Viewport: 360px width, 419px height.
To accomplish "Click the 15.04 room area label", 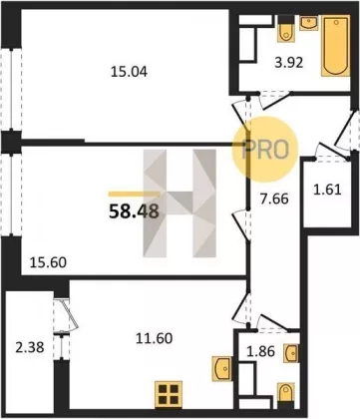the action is pyautogui.click(x=129, y=72).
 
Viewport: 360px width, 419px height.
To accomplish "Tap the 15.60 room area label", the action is pyautogui.click(x=48, y=262).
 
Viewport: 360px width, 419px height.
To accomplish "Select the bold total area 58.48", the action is pyautogui.click(x=134, y=211).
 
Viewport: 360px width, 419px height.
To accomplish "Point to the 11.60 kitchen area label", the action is pyautogui.click(x=155, y=338).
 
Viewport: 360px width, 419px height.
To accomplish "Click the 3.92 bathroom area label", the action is pyautogui.click(x=289, y=63).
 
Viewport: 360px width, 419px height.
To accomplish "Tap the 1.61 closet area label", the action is pyautogui.click(x=327, y=190).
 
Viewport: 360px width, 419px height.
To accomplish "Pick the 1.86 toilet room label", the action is pyautogui.click(x=261, y=351).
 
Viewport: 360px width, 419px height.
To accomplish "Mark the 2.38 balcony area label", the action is pyautogui.click(x=30, y=348).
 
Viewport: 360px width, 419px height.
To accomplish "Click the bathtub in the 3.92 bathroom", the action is pyautogui.click(x=336, y=46).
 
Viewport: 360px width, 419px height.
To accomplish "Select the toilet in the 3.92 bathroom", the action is pyautogui.click(x=285, y=29).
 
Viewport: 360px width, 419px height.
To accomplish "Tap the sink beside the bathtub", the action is pyautogui.click(x=308, y=24).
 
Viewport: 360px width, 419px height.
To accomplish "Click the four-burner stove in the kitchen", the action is pyautogui.click(x=169, y=394).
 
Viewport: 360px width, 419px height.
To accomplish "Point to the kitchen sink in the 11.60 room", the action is pyautogui.click(x=221, y=368).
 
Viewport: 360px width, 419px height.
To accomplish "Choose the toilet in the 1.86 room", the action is pyautogui.click(x=286, y=393).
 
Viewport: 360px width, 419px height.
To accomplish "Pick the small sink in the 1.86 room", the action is pyautogui.click(x=291, y=353).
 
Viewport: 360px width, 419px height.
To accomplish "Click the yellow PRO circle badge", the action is pyautogui.click(x=264, y=150).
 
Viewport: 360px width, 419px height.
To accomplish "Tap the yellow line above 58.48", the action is pyautogui.click(x=135, y=195).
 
